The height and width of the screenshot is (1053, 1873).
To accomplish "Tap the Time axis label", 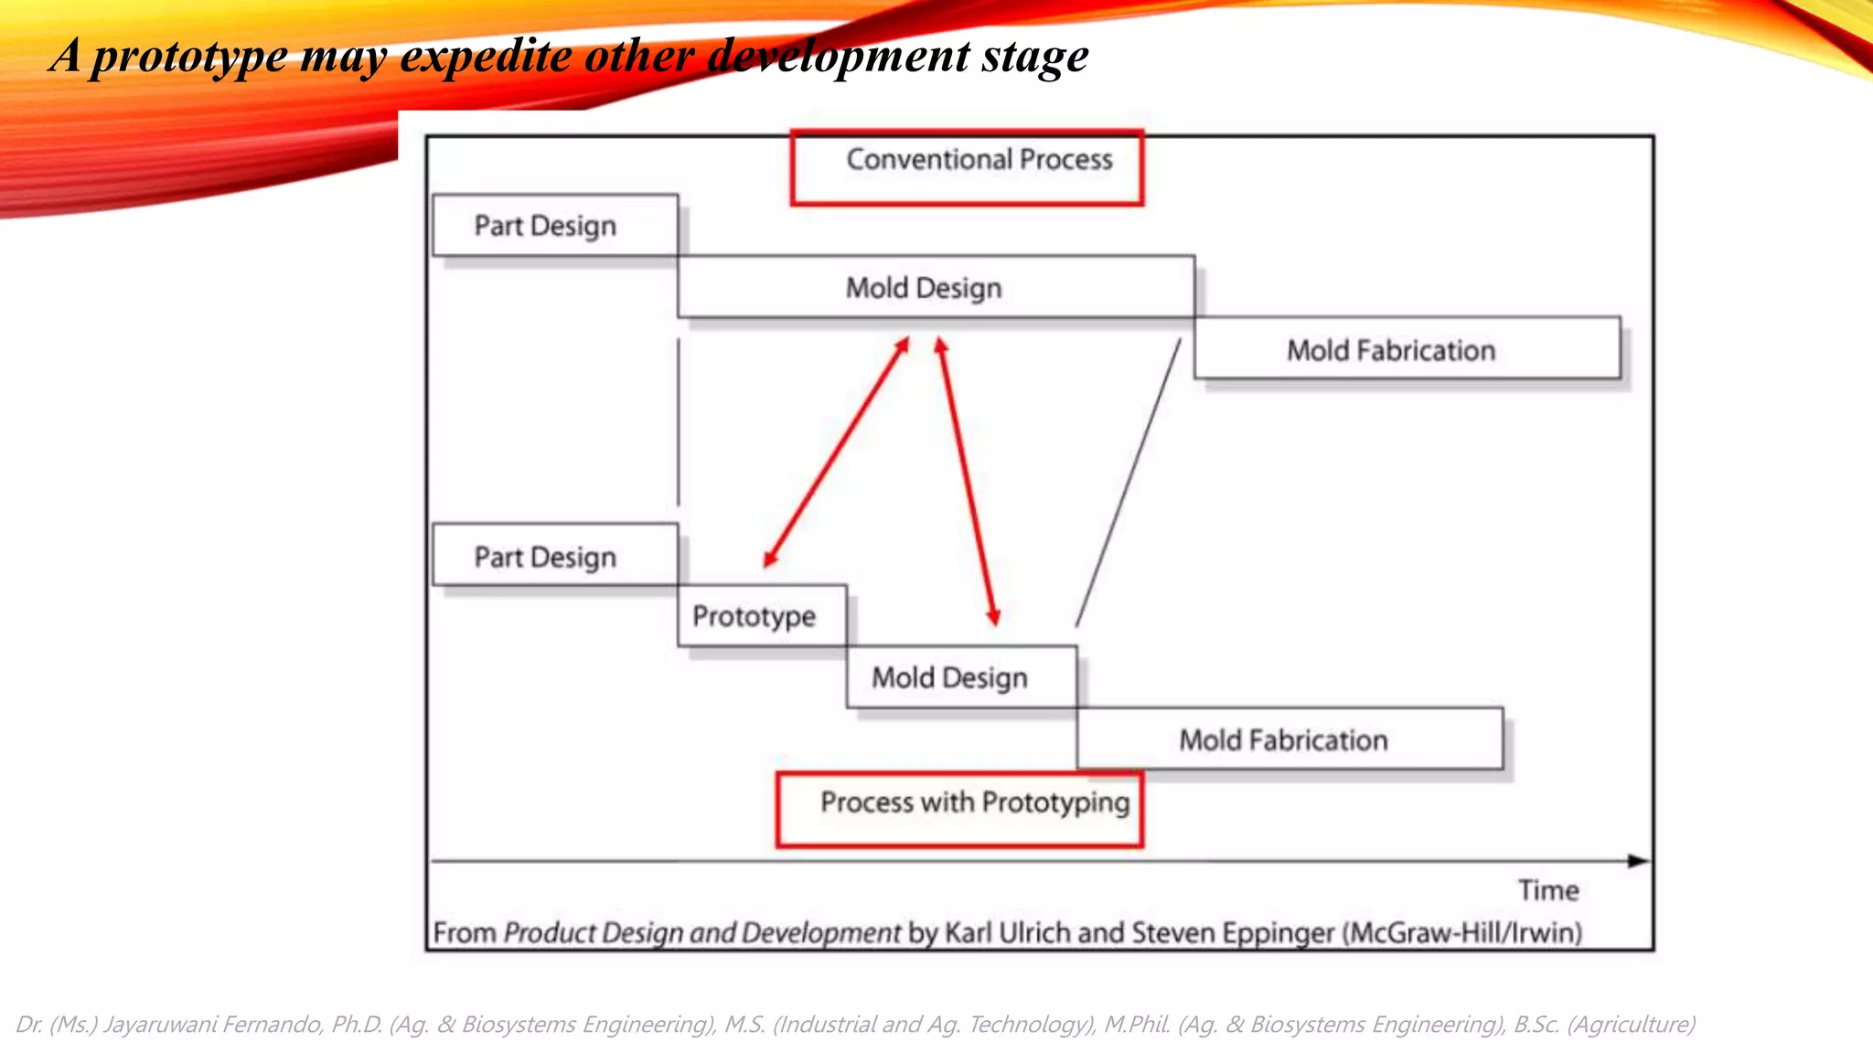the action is (1548, 890).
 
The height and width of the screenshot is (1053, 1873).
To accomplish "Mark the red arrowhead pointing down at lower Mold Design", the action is (993, 616).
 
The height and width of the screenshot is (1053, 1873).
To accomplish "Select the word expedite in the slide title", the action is (486, 57).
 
